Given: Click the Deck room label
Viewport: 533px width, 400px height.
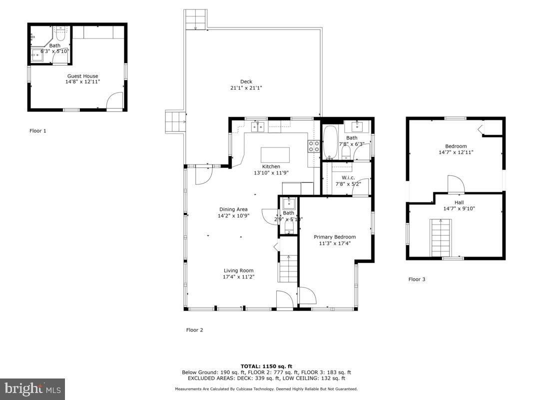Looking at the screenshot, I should click(246, 81).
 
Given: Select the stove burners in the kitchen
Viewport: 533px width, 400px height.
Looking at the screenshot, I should click(313, 146).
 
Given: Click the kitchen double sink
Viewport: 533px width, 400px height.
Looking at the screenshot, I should click(257, 126).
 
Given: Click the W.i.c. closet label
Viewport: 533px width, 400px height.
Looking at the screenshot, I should click(348, 177).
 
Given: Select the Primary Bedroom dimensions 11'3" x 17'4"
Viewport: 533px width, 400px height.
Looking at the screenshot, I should click(335, 243).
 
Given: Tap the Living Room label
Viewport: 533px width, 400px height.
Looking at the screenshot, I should click(239, 270).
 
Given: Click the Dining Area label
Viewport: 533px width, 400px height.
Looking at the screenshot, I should click(233, 209).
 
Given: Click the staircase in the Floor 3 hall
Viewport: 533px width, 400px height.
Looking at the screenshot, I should click(441, 238).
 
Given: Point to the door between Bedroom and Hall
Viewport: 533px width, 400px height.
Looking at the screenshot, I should click(455, 185).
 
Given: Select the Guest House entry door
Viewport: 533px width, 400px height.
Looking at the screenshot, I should click(114, 101).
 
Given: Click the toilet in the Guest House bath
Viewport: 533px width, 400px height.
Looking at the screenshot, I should click(61, 34).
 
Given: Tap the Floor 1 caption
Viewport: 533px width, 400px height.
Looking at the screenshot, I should click(38, 131).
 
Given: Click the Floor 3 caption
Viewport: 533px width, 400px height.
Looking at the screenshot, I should click(417, 279).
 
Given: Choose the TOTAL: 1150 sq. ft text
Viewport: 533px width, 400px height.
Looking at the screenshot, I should click(266, 366).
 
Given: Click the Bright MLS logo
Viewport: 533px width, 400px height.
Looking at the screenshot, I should click(32, 388).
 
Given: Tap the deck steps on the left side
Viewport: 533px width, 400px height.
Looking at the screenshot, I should click(175, 122).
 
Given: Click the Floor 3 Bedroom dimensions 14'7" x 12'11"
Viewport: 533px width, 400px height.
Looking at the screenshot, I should click(456, 152).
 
